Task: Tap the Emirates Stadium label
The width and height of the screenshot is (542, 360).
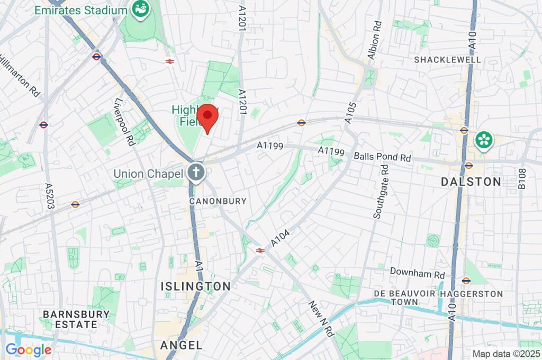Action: [80, 10]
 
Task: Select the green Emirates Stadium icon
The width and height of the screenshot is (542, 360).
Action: [140, 10]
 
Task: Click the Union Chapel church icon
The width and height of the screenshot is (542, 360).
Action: [196, 173]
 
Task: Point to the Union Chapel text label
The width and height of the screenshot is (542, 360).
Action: [148, 174]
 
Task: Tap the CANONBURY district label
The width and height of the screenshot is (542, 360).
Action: [219, 201]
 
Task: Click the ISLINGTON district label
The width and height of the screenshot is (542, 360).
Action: [196, 286]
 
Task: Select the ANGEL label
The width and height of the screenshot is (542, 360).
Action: [181, 345]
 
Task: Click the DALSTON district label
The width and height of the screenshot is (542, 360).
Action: [471, 182]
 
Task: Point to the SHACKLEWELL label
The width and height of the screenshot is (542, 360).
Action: [447, 60]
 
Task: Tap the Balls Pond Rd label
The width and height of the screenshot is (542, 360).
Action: [382, 157]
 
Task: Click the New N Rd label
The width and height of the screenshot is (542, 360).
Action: [322, 320]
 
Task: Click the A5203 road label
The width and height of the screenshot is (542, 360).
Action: [50, 196]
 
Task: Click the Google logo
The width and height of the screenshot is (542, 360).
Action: [29, 350]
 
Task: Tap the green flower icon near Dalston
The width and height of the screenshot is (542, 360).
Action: [484, 140]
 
